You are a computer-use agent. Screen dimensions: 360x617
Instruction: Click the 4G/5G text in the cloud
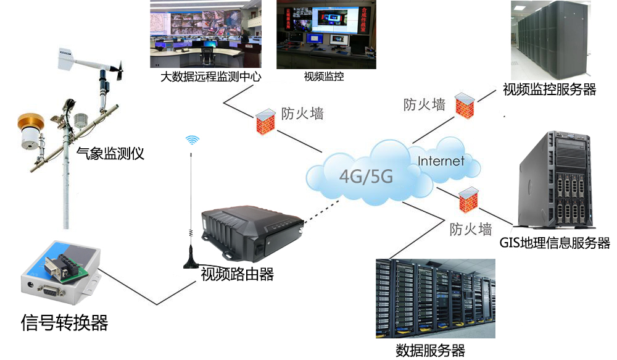[366, 177]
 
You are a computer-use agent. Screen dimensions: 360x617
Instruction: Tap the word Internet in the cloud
[441, 162]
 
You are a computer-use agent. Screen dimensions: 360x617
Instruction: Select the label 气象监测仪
[110, 154]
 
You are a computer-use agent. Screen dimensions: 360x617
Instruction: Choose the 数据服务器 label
[430, 351]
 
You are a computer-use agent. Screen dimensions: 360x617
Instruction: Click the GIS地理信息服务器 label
[555, 243]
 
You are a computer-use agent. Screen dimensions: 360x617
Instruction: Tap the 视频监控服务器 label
[550, 90]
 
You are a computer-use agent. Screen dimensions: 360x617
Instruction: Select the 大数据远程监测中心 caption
[211, 78]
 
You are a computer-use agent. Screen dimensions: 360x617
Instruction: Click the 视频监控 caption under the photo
[324, 77]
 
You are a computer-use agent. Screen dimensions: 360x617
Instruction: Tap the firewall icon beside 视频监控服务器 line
[465, 103]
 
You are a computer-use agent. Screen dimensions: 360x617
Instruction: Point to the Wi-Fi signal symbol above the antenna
[193, 140]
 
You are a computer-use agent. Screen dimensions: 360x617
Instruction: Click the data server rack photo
[435, 298]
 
